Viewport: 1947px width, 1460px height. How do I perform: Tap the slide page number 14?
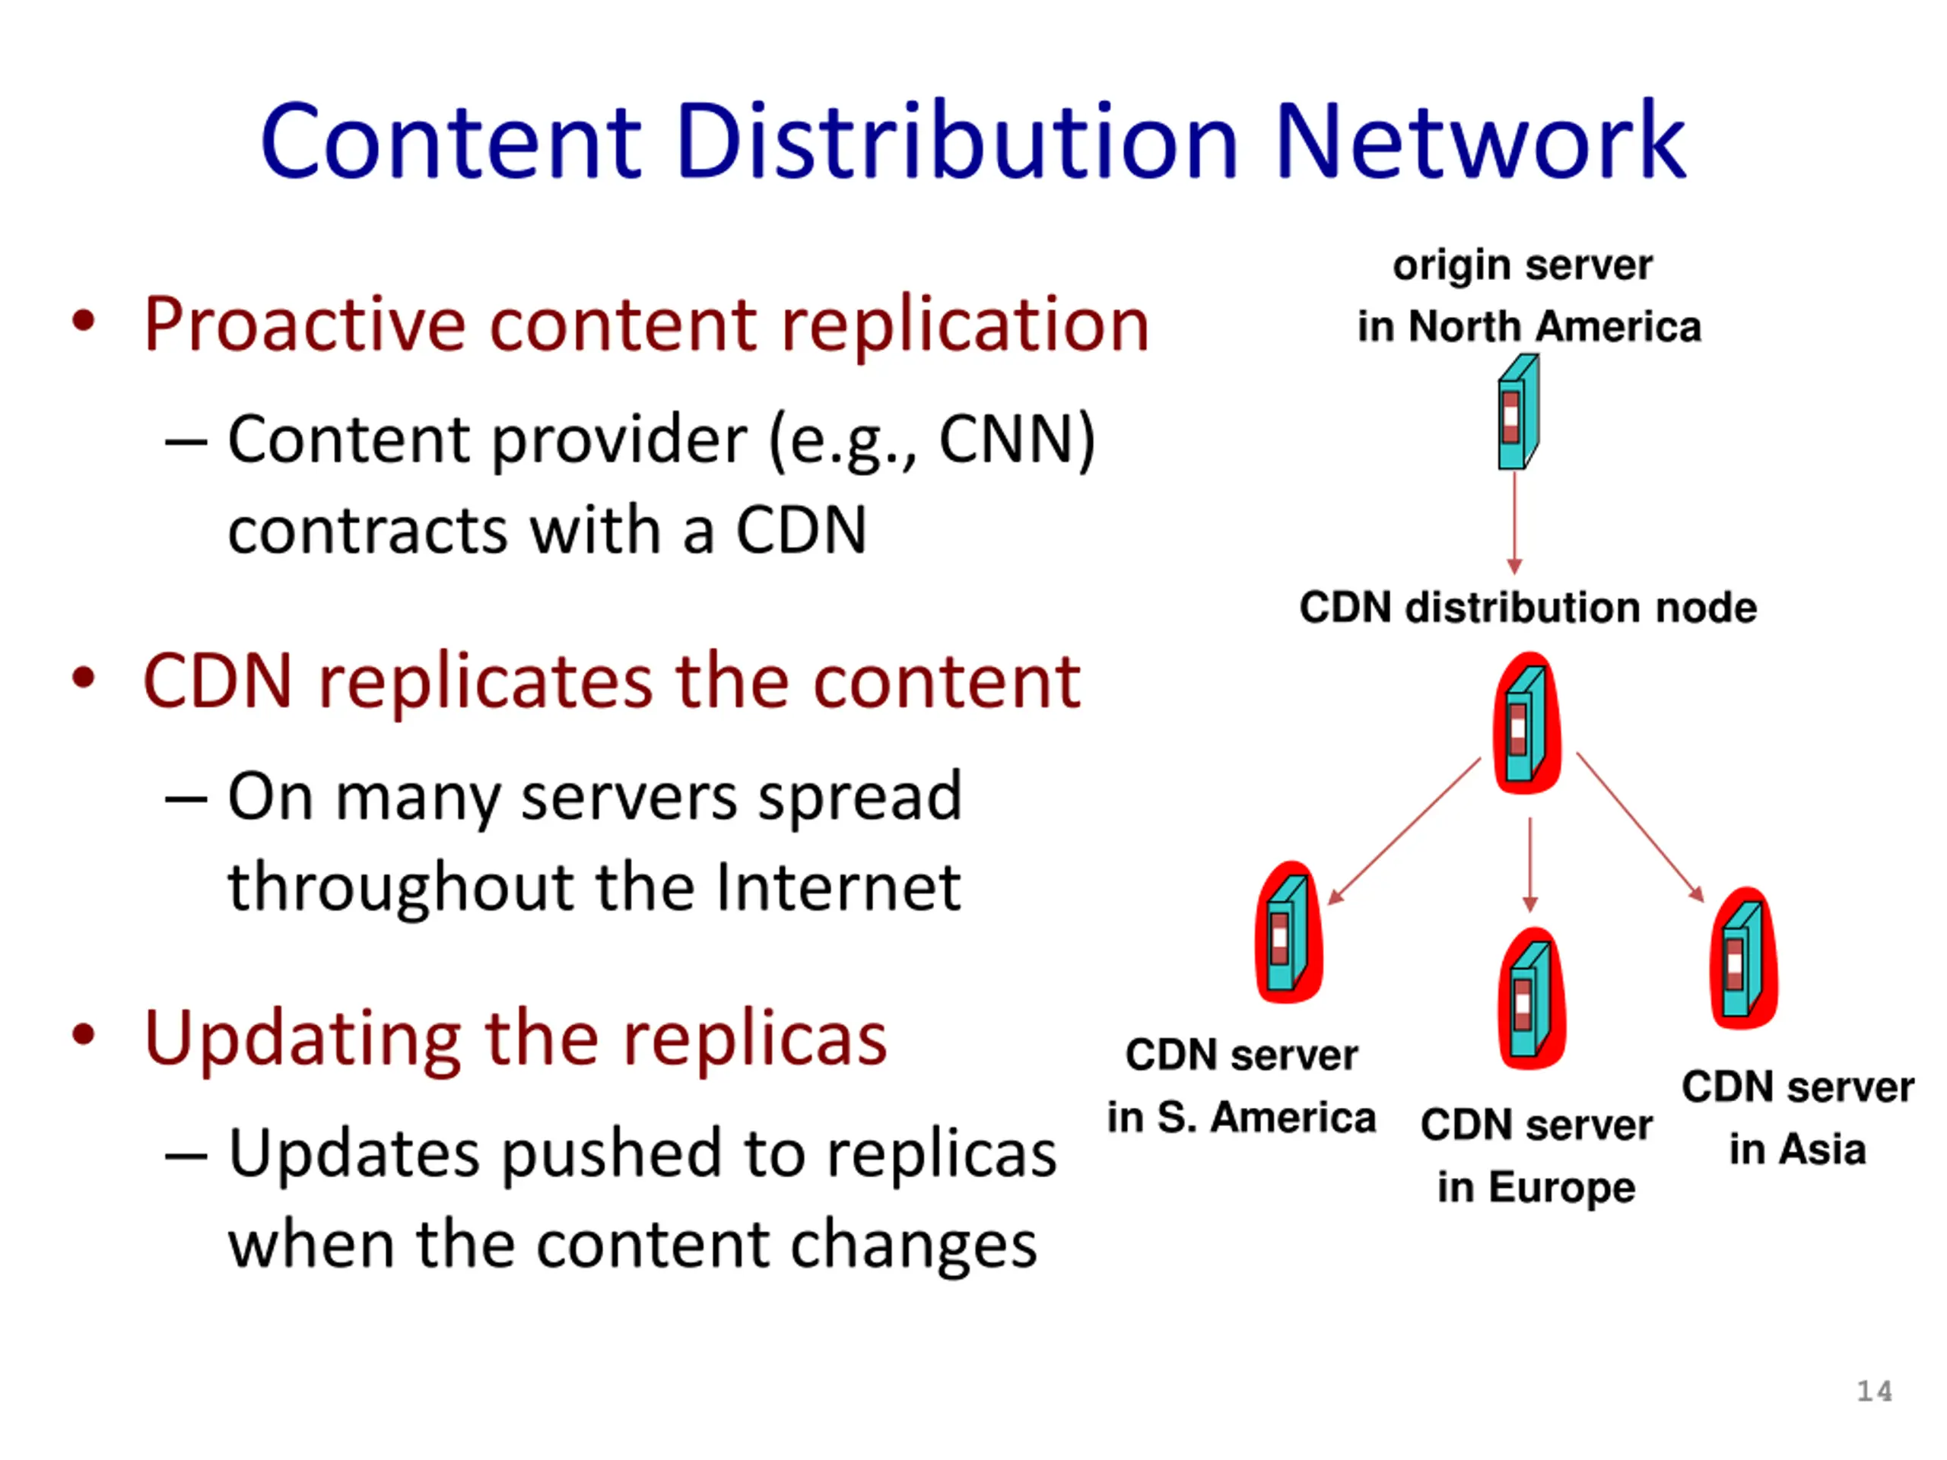[1875, 1392]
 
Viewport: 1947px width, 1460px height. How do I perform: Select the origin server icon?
[1517, 412]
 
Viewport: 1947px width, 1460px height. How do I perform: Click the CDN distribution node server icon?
[1527, 723]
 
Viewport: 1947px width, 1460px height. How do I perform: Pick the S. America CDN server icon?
[1288, 933]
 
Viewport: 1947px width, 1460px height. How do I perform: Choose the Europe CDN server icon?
[1532, 999]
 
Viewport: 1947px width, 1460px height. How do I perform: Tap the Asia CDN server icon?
[1743, 958]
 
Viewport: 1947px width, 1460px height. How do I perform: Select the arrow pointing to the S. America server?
[1404, 832]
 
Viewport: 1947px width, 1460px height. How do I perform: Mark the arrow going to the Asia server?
[1640, 827]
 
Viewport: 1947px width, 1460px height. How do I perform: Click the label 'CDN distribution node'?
[1528, 608]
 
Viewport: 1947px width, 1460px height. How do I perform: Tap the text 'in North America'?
[1529, 326]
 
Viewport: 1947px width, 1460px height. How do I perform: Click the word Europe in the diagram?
[1562, 1187]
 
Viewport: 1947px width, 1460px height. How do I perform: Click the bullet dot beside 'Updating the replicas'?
[84, 1035]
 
